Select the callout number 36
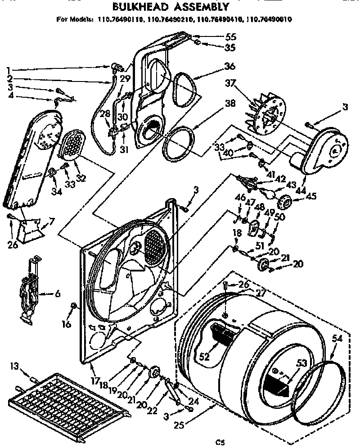pos(230,66)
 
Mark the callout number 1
pos(8,70)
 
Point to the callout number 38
pos(230,102)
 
